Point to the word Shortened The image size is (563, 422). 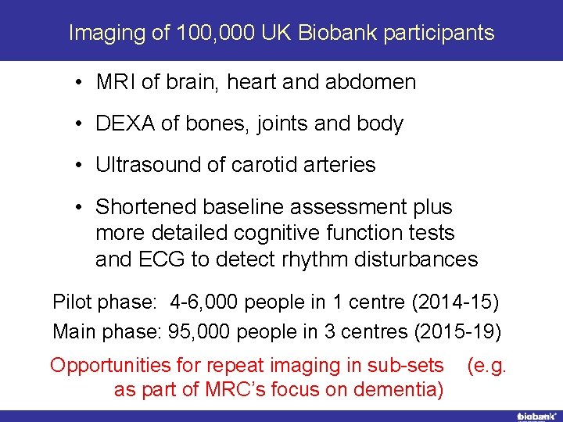tap(145, 207)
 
